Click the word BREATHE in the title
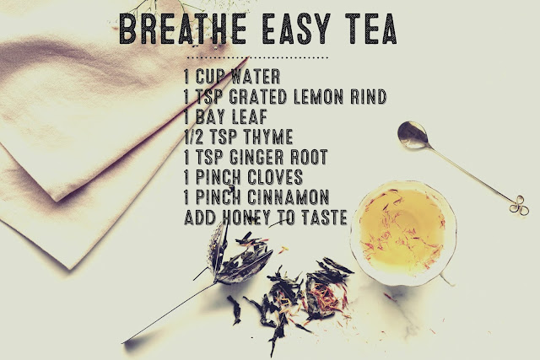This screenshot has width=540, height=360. [x=182, y=29]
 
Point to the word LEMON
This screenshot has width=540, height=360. [x=319, y=96]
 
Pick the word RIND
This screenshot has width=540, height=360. [x=368, y=96]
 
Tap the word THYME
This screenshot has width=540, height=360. [x=268, y=137]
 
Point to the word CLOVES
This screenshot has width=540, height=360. [x=275, y=177]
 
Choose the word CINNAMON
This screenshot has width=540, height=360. [x=289, y=197]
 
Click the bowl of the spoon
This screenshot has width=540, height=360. [x=413, y=135]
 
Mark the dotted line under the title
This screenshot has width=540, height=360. [x=257, y=58]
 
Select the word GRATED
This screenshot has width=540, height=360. [x=258, y=96]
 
